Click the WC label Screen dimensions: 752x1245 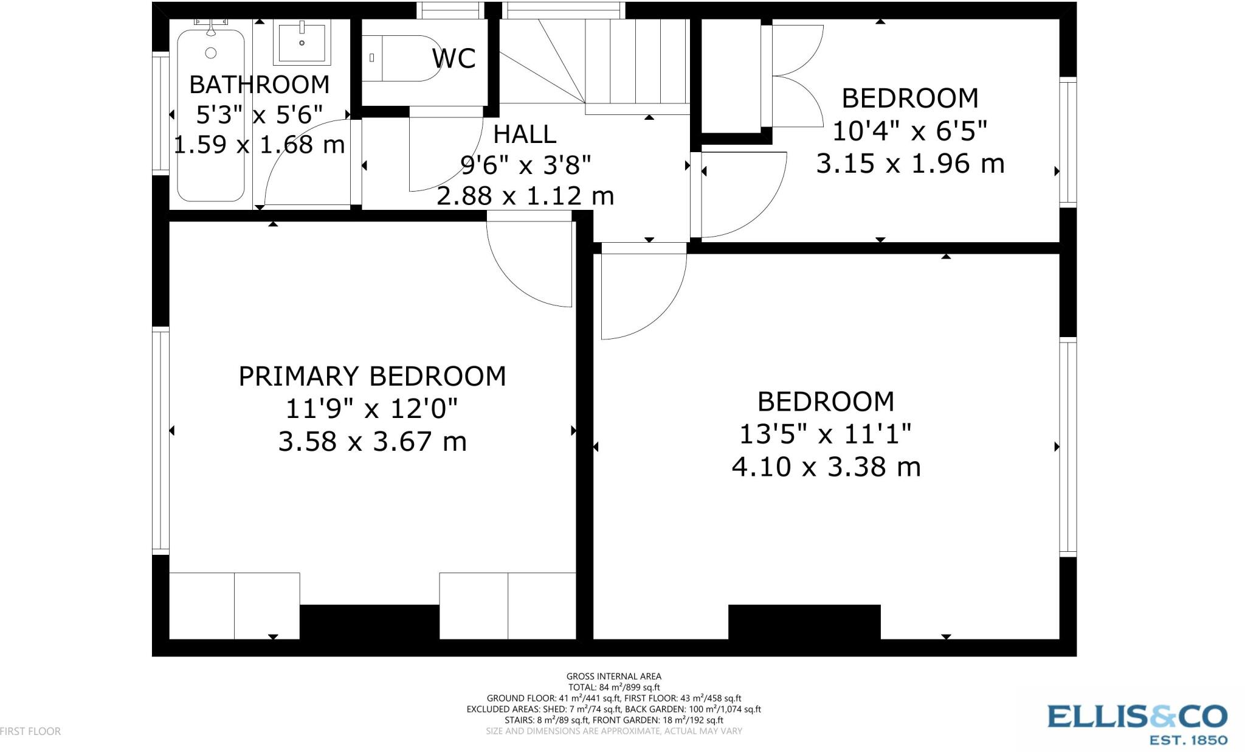click(454, 58)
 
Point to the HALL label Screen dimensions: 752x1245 click(525, 134)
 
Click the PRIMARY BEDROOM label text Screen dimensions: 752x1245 click(372, 377)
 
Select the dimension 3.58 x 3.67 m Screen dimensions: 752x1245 click(372, 442)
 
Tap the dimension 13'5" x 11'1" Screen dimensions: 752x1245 click(826, 434)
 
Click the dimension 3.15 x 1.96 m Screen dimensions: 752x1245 click(909, 164)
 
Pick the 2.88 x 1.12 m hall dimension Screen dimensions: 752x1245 click(525, 196)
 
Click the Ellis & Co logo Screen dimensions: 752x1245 click(1137, 723)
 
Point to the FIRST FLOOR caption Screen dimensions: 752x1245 click(30, 731)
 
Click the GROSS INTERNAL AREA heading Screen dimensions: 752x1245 click(613, 676)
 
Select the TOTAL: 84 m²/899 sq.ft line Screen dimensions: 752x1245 click(613, 687)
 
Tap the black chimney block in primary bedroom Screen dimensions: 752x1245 click(369, 622)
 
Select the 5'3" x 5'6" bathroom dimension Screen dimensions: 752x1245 click(259, 114)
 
